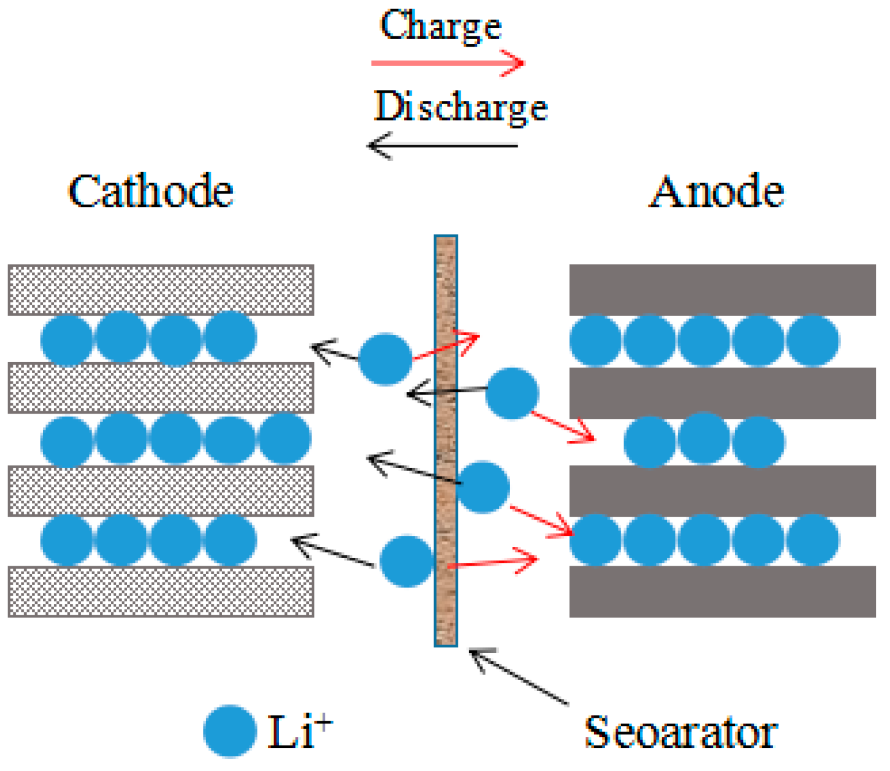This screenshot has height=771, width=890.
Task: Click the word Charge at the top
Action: [441, 27]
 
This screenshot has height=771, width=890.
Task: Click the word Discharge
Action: [460, 108]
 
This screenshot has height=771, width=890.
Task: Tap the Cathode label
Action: [151, 192]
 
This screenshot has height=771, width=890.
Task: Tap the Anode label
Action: [717, 192]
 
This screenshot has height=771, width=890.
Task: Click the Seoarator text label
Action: [681, 733]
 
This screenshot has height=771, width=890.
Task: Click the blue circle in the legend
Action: [229, 731]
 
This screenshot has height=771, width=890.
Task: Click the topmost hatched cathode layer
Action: [160, 290]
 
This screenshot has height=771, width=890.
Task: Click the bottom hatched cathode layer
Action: [160, 592]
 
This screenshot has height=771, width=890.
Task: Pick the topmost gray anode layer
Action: [722, 290]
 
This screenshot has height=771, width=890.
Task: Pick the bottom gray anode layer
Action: [722, 592]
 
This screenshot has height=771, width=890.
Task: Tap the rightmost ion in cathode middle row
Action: [285, 440]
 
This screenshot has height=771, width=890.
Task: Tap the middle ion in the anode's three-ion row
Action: [704, 440]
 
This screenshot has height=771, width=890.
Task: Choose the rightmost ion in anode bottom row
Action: [813, 540]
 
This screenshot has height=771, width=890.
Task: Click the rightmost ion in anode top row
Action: [813, 340]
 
